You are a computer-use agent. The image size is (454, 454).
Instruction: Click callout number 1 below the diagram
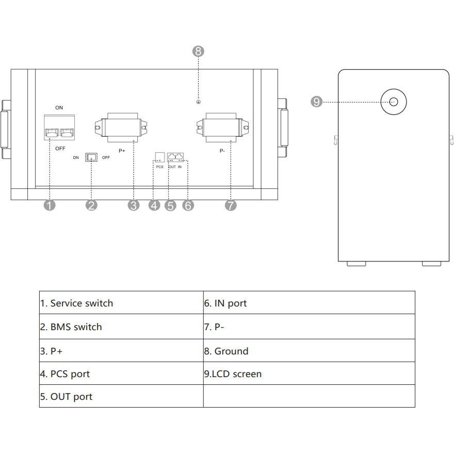[50, 205]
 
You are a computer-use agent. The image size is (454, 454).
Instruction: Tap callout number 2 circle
[91, 205]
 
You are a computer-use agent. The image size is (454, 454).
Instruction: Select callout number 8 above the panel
[199, 51]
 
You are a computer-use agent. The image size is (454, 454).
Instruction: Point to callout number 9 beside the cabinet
[317, 102]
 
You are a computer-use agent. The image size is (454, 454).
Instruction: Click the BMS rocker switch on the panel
[91, 157]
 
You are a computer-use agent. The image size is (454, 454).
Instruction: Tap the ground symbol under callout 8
[199, 102]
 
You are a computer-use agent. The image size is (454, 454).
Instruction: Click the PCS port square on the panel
[159, 156]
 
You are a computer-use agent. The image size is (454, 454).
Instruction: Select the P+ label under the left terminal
[122, 151]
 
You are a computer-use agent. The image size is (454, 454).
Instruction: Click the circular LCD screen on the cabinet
[394, 102]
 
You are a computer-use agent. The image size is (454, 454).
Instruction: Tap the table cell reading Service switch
[121, 303]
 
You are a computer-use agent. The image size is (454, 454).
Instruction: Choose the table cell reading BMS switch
[121, 327]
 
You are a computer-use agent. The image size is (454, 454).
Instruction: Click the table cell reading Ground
[309, 351]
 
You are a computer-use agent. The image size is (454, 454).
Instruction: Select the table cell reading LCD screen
[309, 374]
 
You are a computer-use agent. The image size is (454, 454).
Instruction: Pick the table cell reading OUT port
[121, 396]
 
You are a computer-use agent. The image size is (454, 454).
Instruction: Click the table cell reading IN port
[309, 303]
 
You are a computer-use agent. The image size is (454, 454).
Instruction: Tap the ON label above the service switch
[59, 108]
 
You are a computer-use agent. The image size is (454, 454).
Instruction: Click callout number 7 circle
[231, 205]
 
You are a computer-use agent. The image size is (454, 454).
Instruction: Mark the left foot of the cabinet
[356, 264]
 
